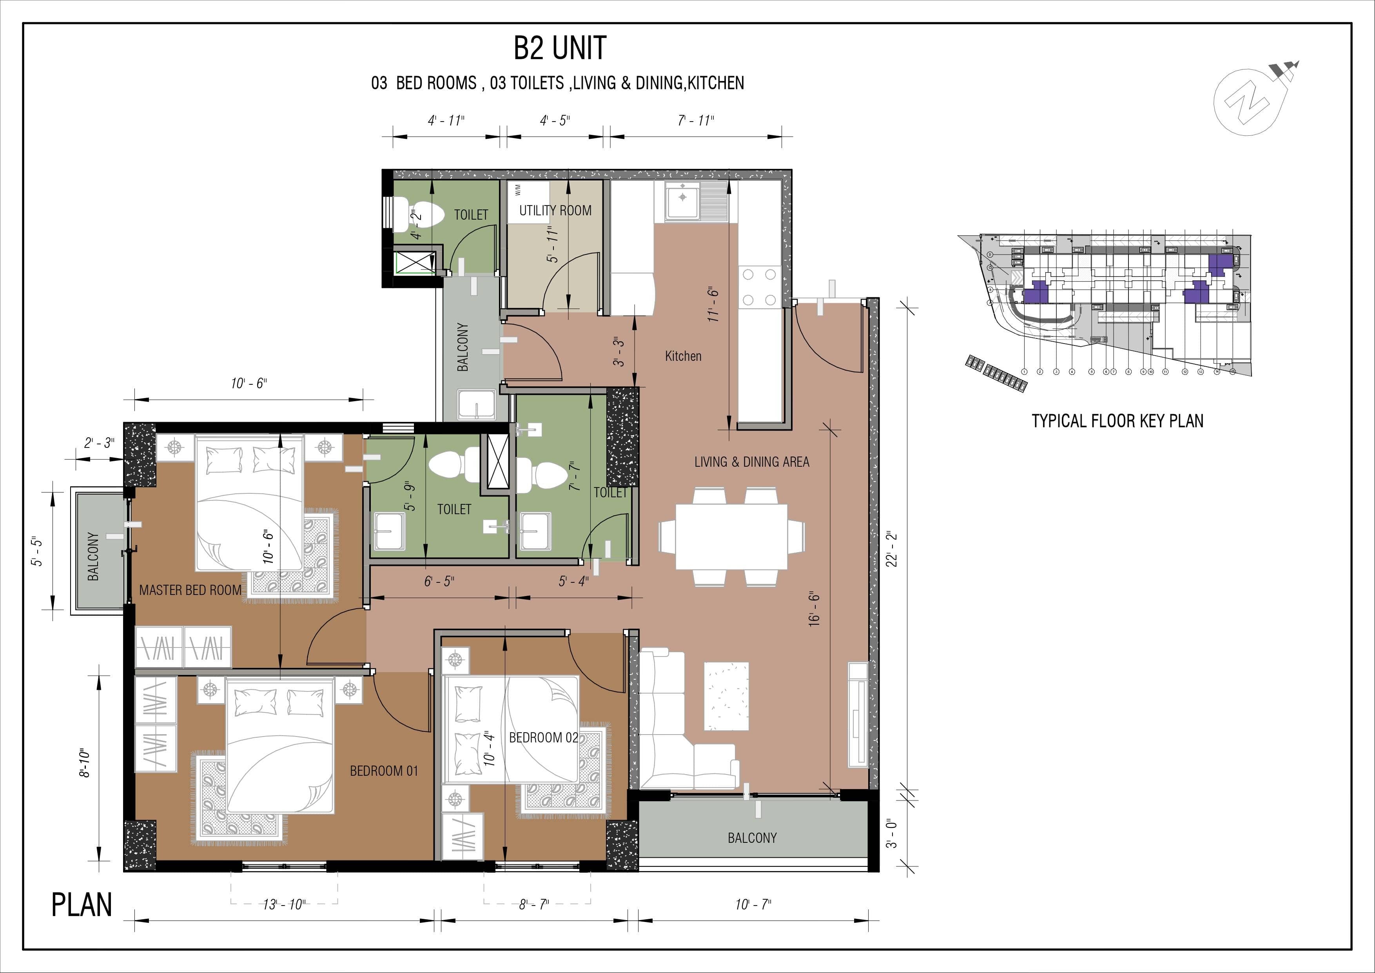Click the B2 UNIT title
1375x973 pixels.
(x=560, y=48)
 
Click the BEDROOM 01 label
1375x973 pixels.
(x=384, y=771)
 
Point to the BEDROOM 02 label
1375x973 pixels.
(x=543, y=738)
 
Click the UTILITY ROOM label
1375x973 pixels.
(x=555, y=210)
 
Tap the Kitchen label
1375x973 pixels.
(x=683, y=356)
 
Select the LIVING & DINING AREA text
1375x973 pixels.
(x=751, y=462)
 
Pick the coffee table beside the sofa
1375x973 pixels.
(x=726, y=696)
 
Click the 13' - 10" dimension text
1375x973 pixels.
(x=284, y=904)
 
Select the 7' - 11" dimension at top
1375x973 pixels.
(x=696, y=120)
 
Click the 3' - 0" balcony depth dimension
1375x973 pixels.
(x=892, y=833)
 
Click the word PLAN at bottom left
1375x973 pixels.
(x=82, y=905)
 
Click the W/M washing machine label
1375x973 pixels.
(x=517, y=190)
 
